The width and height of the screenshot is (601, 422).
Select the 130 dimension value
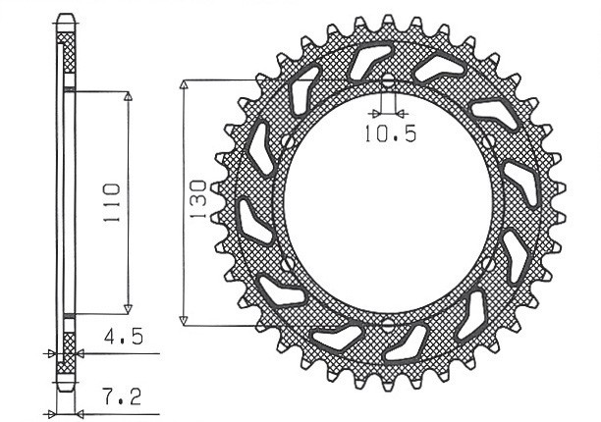click(x=197, y=199)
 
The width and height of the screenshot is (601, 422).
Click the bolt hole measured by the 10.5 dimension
click(x=387, y=80)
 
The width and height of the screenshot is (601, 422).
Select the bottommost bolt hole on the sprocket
click(x=387, y=323)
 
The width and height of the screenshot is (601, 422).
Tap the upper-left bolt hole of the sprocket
click(x=286, y=140)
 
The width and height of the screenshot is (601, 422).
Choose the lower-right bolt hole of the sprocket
click(x=488, y=263)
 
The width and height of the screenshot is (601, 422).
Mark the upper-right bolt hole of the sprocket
click(x=488, y=140)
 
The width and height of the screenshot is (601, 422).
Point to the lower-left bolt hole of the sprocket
click(x=286, y=263)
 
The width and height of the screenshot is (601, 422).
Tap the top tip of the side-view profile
click(x=67, y=17)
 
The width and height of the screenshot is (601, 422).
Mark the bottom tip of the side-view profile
click(x=67, y=385)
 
